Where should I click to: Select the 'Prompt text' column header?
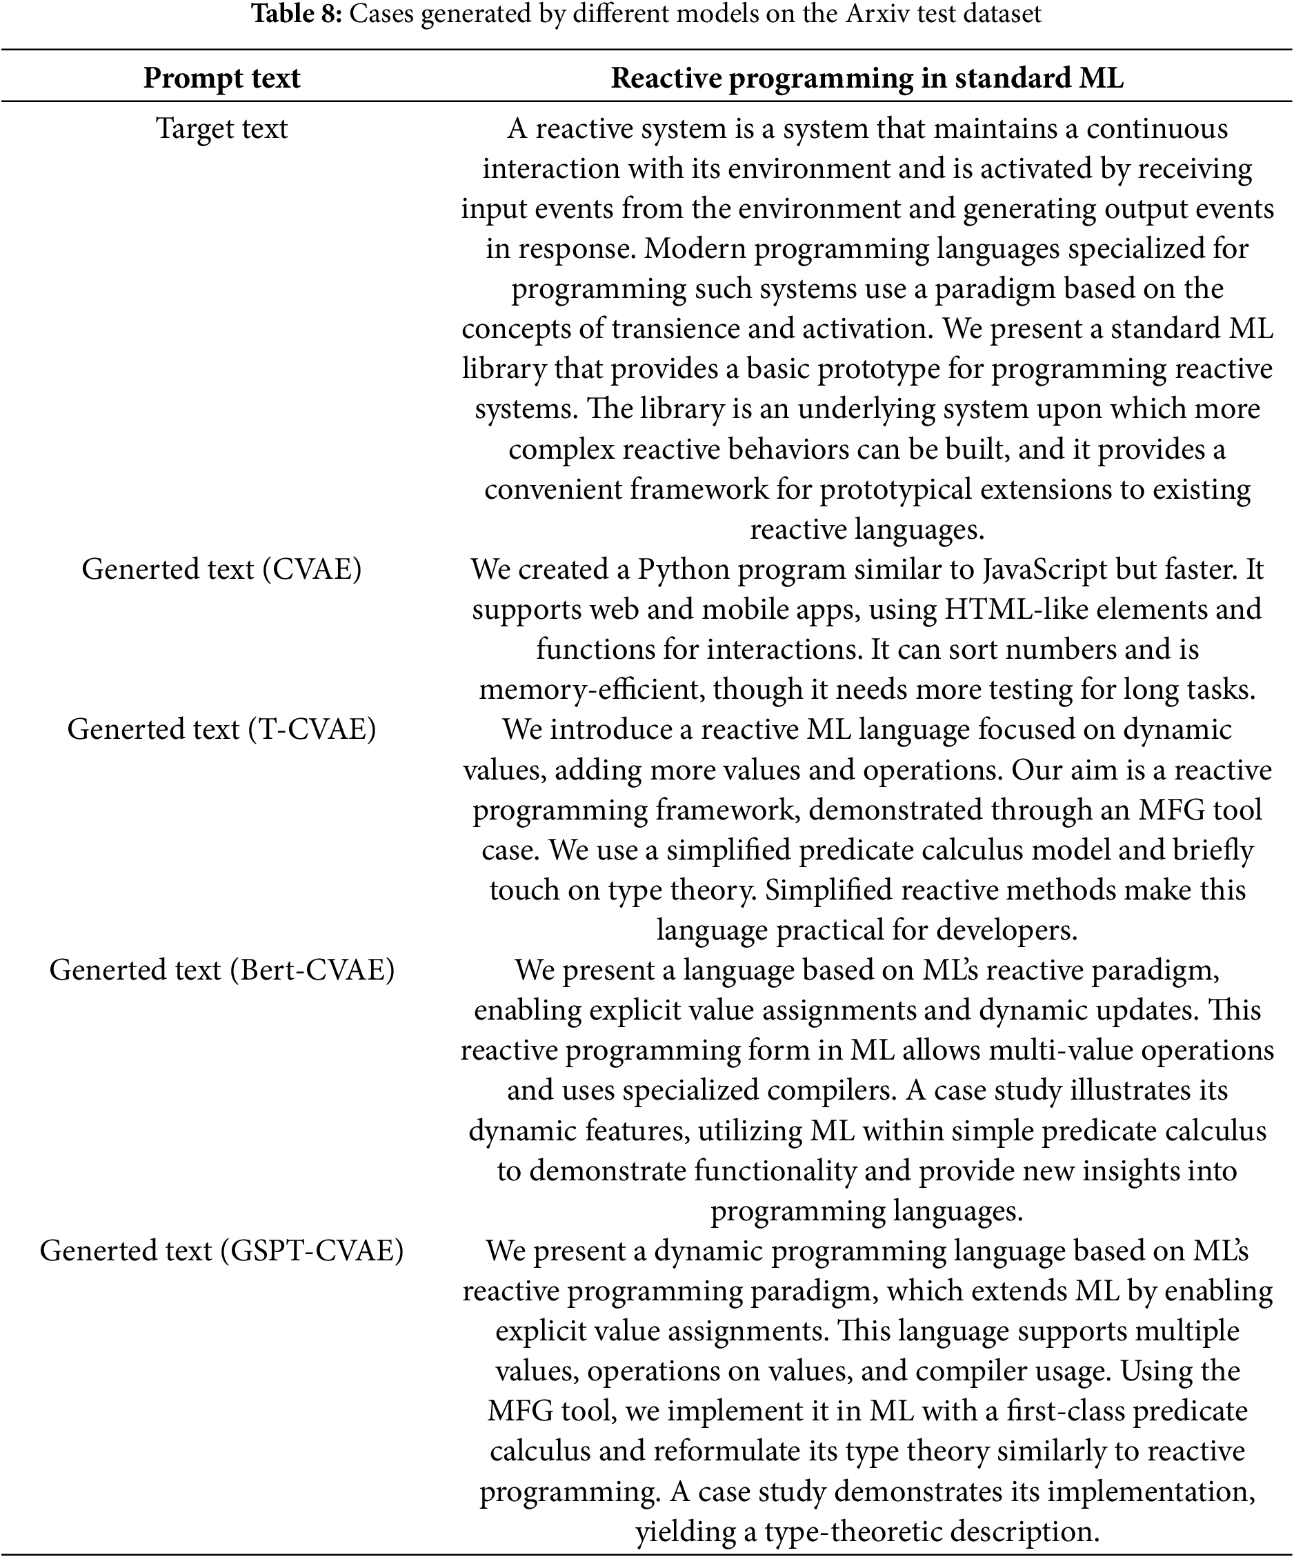click(x=221, y=78)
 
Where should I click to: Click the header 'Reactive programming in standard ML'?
click(x=866, y=78)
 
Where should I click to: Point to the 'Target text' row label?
click(x=221, y=128)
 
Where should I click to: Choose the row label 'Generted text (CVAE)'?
click(x=221, y=568)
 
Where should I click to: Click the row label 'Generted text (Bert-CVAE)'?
click(x=221, y=970)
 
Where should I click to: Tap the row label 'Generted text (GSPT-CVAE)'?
click(x=221, y=1251)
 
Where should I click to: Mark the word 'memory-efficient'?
click(x=590, y=690)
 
